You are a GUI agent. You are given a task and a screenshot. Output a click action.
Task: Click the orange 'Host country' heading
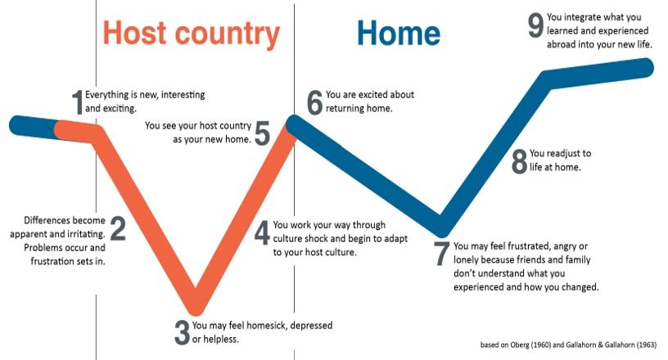[192, 34]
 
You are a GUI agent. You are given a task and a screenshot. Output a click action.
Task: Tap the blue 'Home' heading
[399, 34]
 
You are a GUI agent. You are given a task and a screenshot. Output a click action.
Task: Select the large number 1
[77, 102]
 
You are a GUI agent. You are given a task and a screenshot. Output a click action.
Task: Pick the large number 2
[118, 228]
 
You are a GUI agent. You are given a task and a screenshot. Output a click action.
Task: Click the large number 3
[182, 333]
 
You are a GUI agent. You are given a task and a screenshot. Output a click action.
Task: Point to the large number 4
[263, 232]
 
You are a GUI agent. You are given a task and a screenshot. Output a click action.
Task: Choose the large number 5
[262, 133]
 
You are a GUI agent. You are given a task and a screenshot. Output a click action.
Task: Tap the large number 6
[315, 102]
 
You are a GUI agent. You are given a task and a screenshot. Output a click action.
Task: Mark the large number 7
[441, 254]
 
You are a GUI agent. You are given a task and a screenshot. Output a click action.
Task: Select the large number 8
[519, 162]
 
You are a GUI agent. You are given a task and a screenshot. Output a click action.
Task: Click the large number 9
[535, 25]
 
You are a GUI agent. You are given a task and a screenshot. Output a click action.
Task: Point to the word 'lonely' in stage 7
[467, 260]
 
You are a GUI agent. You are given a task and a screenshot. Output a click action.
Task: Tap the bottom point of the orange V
[196, 310]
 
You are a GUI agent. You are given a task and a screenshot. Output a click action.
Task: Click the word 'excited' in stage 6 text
[372, 95]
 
